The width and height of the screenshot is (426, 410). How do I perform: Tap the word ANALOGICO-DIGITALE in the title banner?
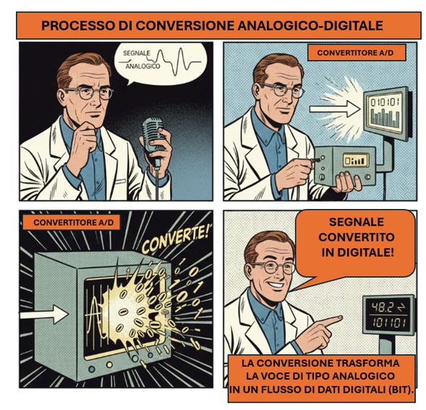pyautogui.click(x=310, y=25)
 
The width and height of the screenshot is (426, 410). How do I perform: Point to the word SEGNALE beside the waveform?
pyautogui.click(x=137, y=53)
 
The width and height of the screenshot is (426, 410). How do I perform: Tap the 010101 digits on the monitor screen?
pyautogui.click(x=385, y=103)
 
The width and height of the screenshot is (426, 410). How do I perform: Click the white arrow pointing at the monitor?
pyautogui.click(x=335, y=109)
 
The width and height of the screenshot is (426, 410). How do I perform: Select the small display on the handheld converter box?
pyautogui.click(x=355, y=160)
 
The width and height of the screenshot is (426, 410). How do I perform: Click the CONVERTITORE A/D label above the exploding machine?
pyautogui.click(x=74, y=223)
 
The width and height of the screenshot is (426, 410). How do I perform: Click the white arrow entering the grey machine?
pyautogui.click(x=43, y=315)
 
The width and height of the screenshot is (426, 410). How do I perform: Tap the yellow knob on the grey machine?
pyautogui.click(x=109, y=364)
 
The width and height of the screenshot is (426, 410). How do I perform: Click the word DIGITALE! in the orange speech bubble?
pyautogui.click(x=357, y=252)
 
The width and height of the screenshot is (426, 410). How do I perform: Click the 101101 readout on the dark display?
pyautogui.click(x=389, y=323)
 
